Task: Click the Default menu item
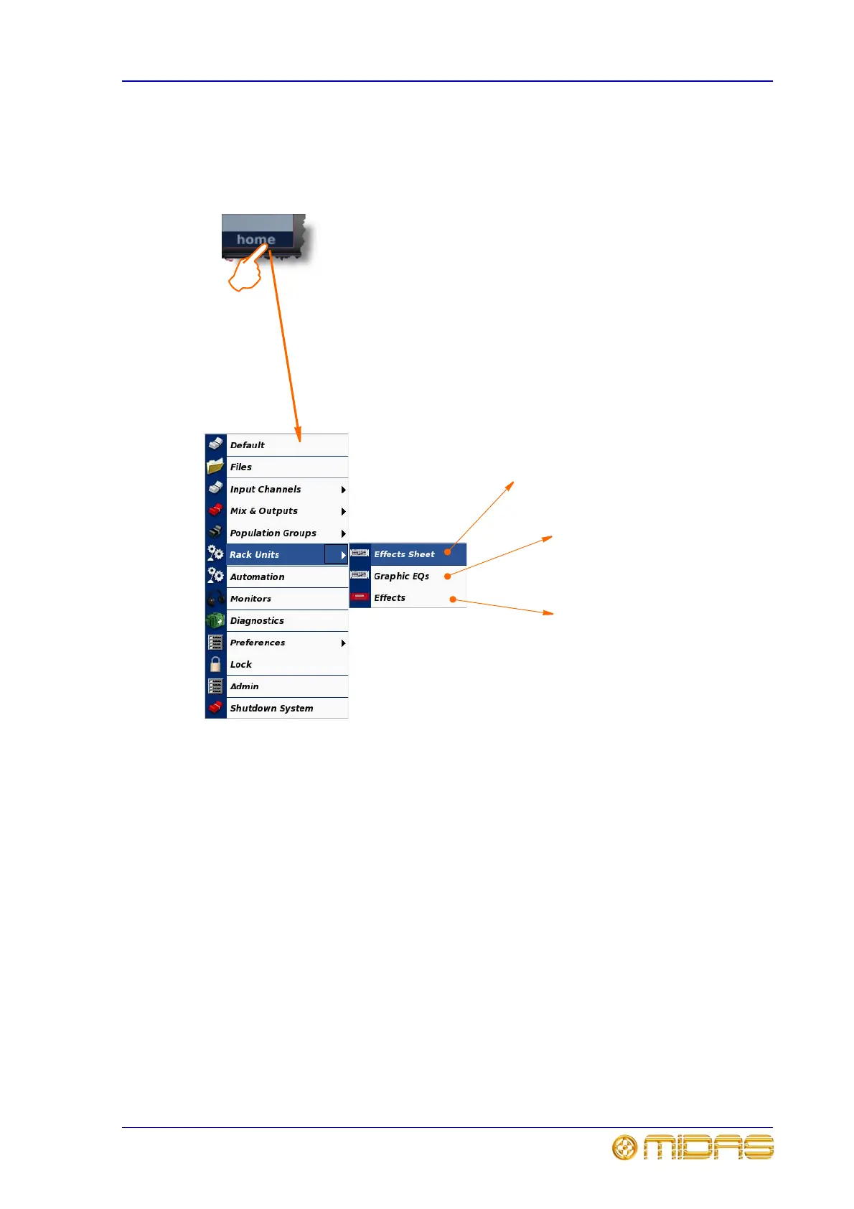click(248, 445)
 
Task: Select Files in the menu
click(241, 467)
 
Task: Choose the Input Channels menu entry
click(266, 490)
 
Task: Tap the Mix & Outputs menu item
click(264, 511)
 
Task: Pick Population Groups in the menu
click(273, 533)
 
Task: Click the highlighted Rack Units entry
click(255, 555)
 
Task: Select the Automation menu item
click(257, 577)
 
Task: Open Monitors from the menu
click(250, 599)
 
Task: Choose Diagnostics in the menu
click(257, 621)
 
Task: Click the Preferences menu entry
click(258, 643)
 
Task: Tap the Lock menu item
click(241, 665)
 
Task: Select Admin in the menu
click(245, 686)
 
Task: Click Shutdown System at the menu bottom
click(271, 709)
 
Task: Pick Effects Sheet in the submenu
click(404, 554)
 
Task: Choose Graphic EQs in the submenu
click(401, 577)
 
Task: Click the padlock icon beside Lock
click(215, 664)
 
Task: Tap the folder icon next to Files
click(215, 467)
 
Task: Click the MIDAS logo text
click(708, 1147)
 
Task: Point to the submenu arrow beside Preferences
click(343, 643)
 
